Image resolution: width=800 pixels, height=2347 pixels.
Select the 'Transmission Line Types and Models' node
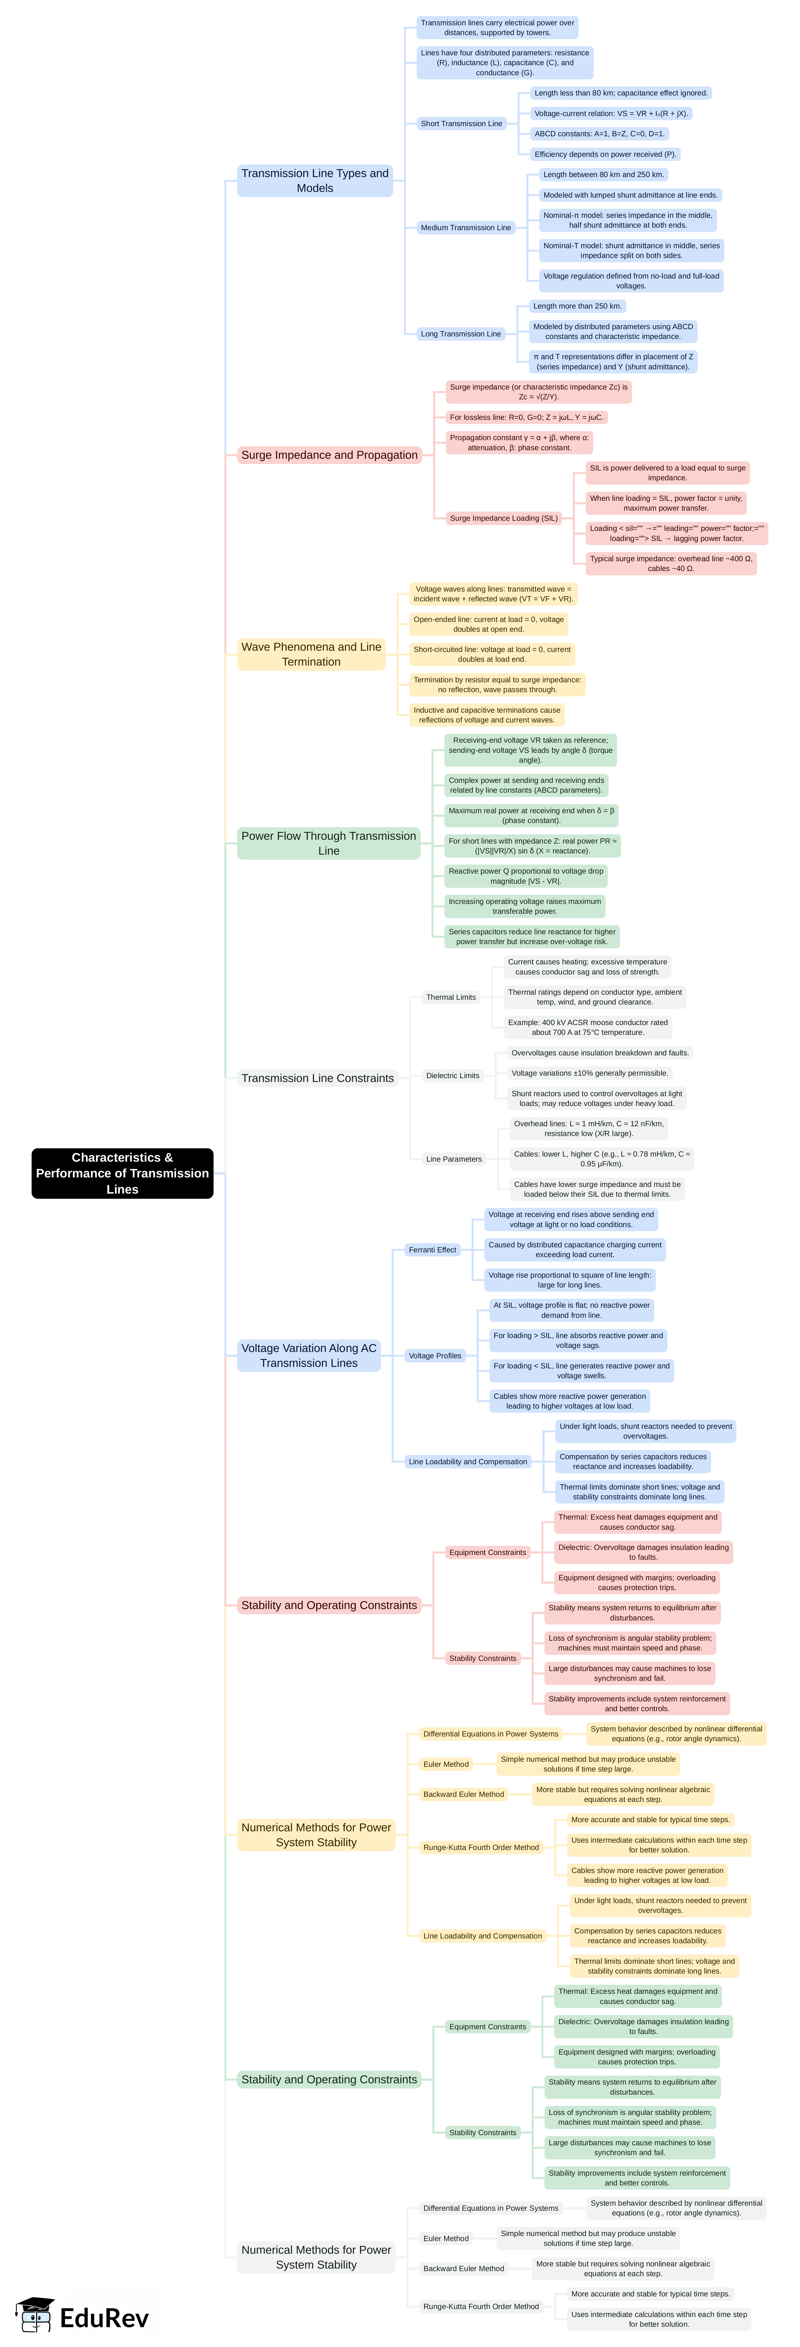click(315, 181)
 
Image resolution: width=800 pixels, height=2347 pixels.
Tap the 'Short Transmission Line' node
click(461, 123)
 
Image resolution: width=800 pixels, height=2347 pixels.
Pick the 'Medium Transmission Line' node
click(466, 228)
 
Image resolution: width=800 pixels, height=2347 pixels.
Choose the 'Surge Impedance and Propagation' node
click(329, 455)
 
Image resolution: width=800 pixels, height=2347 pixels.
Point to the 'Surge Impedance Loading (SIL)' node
click(503, 519)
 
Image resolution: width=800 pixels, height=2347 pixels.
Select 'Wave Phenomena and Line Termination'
click(311, 654)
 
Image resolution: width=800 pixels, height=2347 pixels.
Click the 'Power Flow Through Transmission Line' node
click(328, 843)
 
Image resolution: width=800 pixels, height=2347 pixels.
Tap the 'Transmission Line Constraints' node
click(317, 1078)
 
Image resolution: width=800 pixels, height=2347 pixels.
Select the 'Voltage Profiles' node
click(435, 1356)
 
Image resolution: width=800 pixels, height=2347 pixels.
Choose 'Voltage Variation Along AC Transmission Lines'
click(308, 1356)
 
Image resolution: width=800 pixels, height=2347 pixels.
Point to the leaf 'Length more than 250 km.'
click(577, 306)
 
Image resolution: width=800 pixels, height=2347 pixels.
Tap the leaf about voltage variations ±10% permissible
click(589, 1073)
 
